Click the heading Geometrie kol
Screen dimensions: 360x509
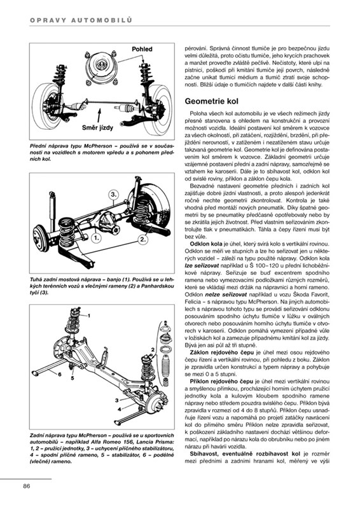coord(211,101)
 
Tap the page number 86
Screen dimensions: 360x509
coord(26,486)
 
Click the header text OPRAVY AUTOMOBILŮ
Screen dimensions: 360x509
coord(81,20)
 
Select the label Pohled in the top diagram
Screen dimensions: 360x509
coord(142,49)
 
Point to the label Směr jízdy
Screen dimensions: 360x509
coord(97,128)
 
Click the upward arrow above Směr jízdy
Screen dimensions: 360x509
coord(99,115)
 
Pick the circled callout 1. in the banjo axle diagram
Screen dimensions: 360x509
coord(96,238)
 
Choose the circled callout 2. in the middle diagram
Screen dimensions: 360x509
coord(143,240)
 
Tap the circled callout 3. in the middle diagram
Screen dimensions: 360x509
coord(113,195)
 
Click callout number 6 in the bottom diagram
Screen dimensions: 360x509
coord(59,374)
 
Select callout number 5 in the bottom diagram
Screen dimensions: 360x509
coord(73,378)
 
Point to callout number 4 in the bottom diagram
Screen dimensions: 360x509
coord(119,409)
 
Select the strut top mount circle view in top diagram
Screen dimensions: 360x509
coord(100,67)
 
